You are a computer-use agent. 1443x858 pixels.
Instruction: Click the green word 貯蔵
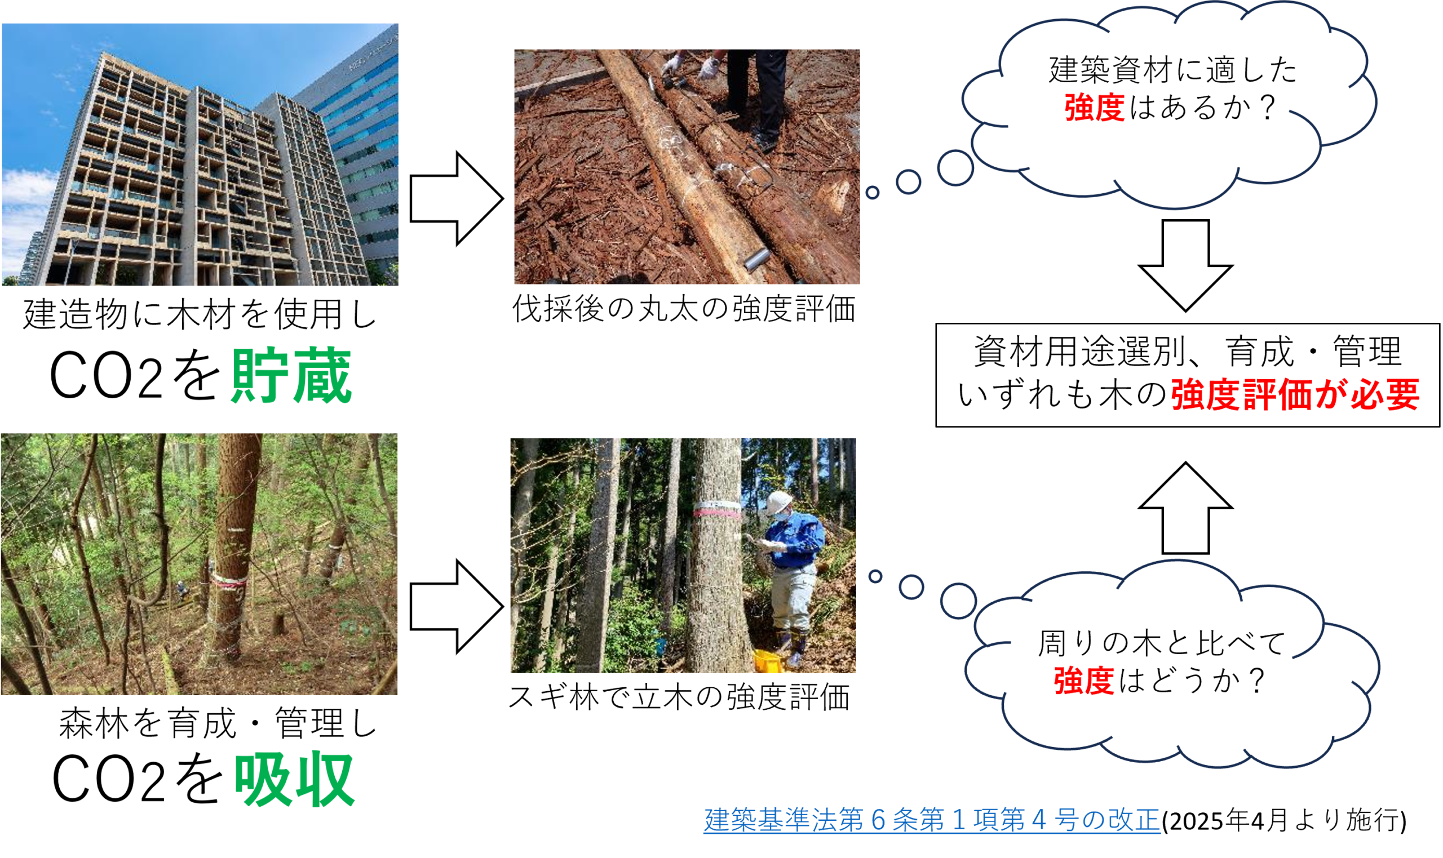(x=291, y=376)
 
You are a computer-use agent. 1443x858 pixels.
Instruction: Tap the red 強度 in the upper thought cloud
(x=1094, y=108)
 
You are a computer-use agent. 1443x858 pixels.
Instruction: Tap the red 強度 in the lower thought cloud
(x=1084, y=681)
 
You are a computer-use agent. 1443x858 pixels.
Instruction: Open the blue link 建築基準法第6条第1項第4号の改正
(x=932, y=819)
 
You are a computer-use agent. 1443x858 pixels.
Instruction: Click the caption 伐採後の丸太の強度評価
(x=684, y=309)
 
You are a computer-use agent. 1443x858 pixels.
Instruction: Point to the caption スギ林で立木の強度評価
(x=679, y=697)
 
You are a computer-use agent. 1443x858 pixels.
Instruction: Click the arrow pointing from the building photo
(x=457, y=199)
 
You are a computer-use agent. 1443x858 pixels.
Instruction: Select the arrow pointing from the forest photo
(x=457, y=607)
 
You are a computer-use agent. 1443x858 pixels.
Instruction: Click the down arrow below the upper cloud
(x=1185, y=265)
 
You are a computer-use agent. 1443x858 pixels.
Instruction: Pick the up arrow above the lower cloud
(x=1185, y=508)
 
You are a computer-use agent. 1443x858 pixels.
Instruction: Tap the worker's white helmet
(x=778, y=502)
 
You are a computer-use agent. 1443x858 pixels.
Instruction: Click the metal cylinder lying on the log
(x=756, y=259)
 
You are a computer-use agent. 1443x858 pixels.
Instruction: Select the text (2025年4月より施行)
(x=1284, y=820)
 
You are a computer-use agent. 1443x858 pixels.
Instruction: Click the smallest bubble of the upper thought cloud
(x=872, y=193)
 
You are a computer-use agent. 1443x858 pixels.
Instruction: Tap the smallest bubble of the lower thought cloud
(x=875, y=576)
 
